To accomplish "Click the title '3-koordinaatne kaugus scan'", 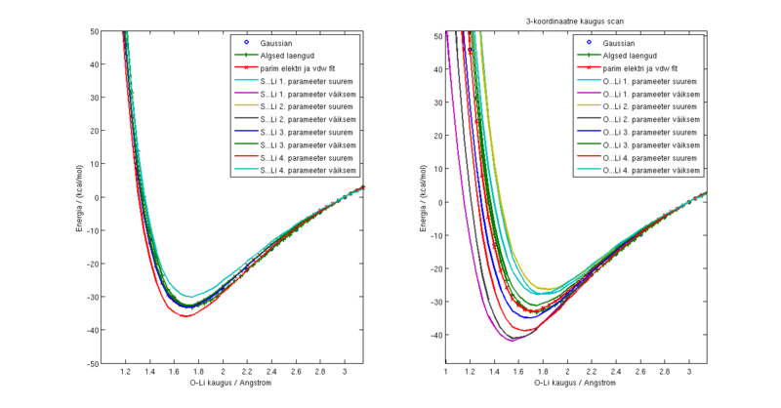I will pyautogui.click(x=576, y=20).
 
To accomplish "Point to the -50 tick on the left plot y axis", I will pyautogui.click(x=91, y=364).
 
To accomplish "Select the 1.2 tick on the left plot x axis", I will pyautogui.click(x=126, y=372).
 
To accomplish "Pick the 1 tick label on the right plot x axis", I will pyautogui.click(x=446, y=372).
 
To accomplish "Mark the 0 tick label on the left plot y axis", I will pyautogui.click(x=96, y=197).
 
